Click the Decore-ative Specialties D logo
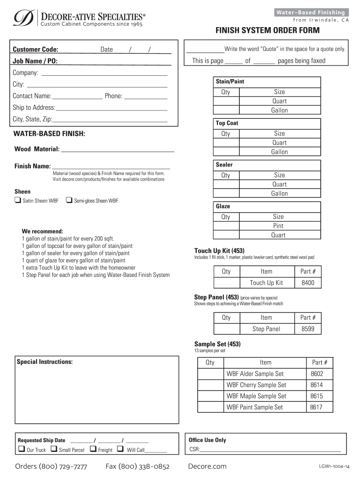click(x=21, y=18)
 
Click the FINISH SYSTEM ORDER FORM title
click(x=267, y=30)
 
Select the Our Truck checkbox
click(x=21, y=449)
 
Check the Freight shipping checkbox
click(x=93, y=449)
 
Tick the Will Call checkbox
click(x=120, y=449)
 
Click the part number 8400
click(x=308, y=283)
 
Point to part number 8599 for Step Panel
click(x=308, y=329)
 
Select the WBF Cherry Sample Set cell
click(x=256, y=385)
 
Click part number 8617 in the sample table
click(x=316, y=407)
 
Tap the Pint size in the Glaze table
click(x=278, y=226)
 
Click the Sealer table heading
click(x=224, y=165)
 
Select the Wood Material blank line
click(x=117, y=149)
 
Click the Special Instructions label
click(x=44, y=362)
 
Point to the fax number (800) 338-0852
click(x=137, y=466)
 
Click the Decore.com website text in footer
click(x=207, y=466)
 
